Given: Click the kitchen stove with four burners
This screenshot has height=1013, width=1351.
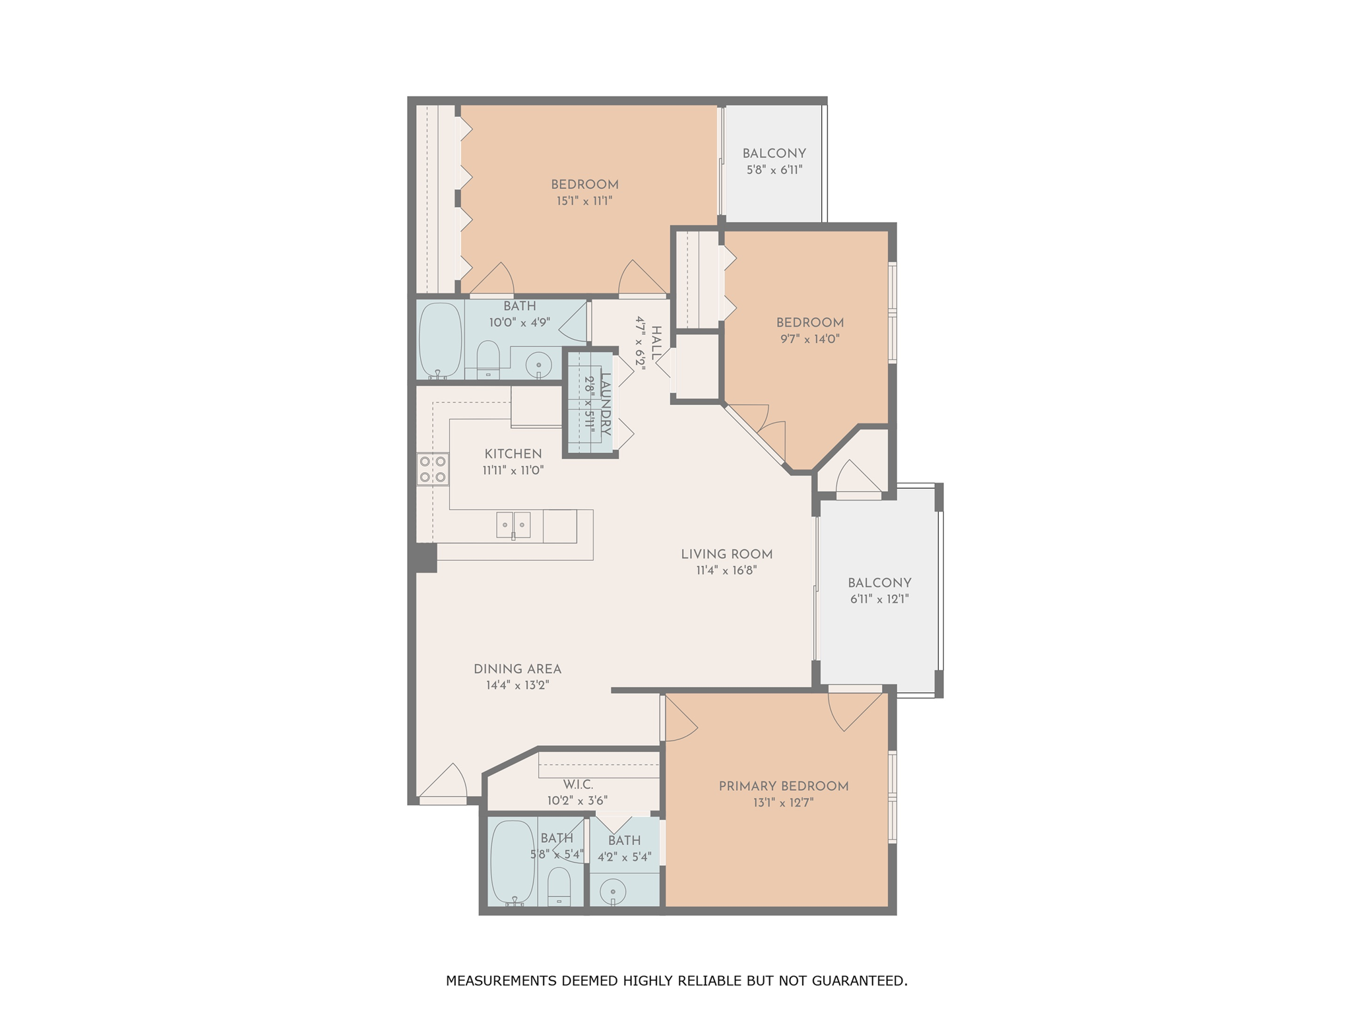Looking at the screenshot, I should coord(433,469).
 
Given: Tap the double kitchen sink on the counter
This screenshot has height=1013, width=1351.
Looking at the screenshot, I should coord(513,525).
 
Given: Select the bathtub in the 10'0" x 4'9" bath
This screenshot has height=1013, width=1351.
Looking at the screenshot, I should coord(441,340).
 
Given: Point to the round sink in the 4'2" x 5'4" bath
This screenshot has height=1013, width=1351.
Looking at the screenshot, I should coord(613,892).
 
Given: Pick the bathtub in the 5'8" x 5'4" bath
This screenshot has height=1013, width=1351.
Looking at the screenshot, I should coord(513,861).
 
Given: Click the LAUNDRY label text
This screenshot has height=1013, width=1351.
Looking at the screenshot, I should coord(605,404).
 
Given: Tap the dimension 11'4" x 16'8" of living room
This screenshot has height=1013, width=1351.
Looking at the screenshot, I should coord(726,570).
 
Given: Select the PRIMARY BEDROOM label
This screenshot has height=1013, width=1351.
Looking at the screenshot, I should coord(783,786).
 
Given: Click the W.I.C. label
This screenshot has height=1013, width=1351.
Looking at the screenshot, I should coord(578,785).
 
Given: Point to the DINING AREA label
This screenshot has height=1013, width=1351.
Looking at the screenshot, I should coord(517,669).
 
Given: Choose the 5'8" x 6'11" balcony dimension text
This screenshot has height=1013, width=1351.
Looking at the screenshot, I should coord(774,170).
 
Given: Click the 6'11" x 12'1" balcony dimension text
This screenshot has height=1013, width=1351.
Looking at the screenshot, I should coord(879,599).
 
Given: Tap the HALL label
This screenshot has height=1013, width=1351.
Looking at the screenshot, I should coord(656,343).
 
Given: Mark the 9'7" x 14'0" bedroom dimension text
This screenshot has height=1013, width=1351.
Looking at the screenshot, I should coord(809,340).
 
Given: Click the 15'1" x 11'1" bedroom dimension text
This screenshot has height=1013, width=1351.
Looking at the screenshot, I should coord(584,201).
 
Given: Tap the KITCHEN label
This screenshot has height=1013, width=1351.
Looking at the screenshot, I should coord(513,454).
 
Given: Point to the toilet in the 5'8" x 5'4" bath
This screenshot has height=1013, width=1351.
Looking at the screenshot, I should coord(559,885).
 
